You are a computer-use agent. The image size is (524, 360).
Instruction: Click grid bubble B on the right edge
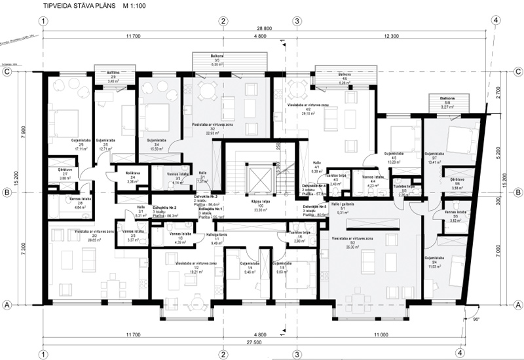[517, 192]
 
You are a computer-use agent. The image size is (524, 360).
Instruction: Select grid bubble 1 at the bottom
[43, 354]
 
